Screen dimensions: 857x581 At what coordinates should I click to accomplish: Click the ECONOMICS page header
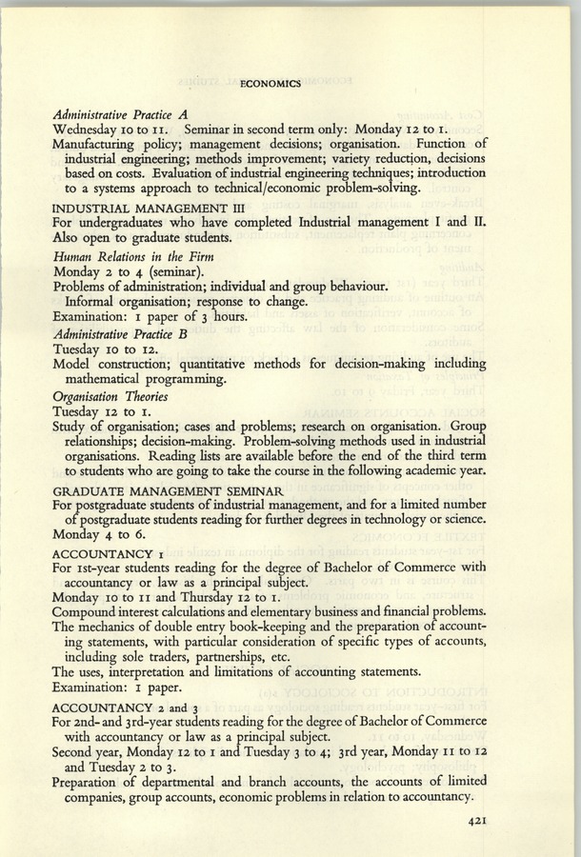[271, 83]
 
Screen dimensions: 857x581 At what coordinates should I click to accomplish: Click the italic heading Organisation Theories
[110, 396]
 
